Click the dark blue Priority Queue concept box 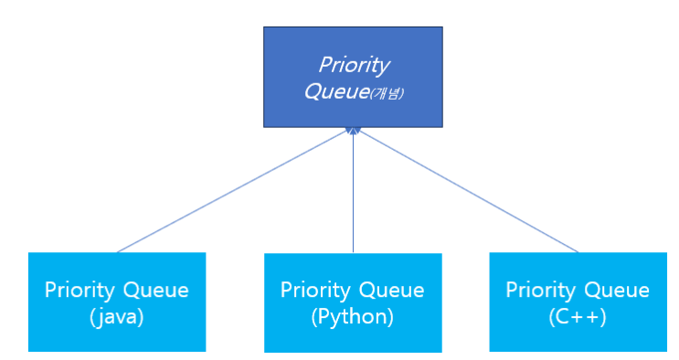[353, 77]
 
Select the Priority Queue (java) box [117, 302]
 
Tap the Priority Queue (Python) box [353, 302]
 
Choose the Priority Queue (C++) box [578, 302]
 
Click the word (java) [116, 317]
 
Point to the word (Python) [353, 317]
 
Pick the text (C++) [578, 317]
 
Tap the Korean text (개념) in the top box [387, 93]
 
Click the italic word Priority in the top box [355, 66]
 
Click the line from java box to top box [233, 191]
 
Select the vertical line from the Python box [353, 191]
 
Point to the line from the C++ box [468, 191]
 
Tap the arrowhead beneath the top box [353, 131]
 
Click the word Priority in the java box [80, 291]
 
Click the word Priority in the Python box [315, 291]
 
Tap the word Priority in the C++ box [541, 291]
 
